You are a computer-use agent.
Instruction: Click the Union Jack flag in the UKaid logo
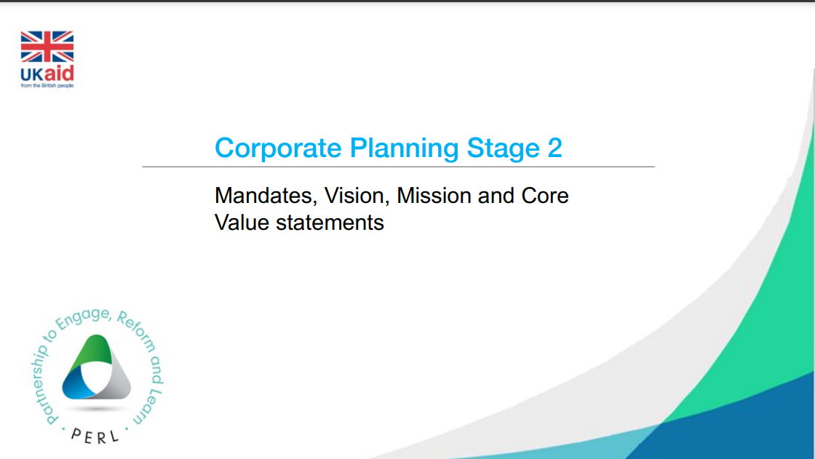[47, 47]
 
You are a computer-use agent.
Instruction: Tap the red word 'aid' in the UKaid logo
[58, 73]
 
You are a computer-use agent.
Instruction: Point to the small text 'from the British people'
[47, 86]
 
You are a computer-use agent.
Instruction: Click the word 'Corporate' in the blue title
[278, 148]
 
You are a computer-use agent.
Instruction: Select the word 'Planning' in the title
[404, 149]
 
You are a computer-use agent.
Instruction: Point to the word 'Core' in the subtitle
[545, 196]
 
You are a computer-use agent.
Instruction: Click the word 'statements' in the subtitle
[330, 223]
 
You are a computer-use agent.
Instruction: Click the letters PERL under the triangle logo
[95, 436]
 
